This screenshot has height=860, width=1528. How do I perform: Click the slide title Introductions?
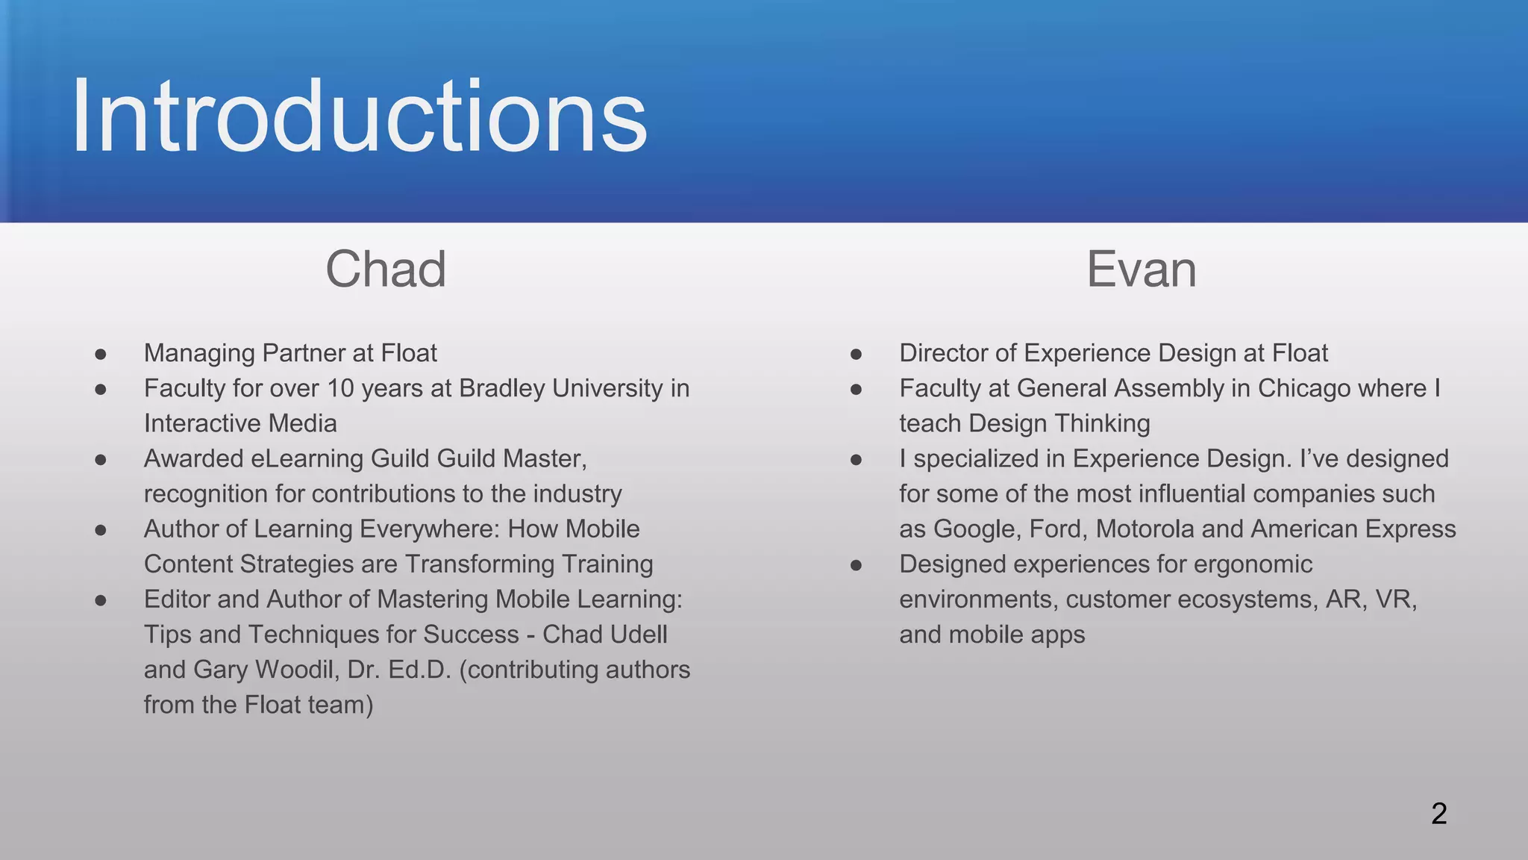[x=359, y=117]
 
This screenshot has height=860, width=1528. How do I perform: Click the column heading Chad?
[x=386, y=269]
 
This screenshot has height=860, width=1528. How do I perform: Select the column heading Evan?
[x=1141, y=269]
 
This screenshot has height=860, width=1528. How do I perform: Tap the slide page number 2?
[x=1439, y=814]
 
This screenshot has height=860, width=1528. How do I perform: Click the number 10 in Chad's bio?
[x=340, y=388]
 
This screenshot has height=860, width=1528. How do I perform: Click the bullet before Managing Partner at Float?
[x=101, y=354]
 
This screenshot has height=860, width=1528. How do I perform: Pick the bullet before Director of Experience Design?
[x=857, y=354]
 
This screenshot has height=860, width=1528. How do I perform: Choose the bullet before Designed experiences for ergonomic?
[x=857, y=565]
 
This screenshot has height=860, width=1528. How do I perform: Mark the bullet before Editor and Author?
[x=101, y=600]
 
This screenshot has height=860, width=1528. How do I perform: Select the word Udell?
[x=637, y=634]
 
